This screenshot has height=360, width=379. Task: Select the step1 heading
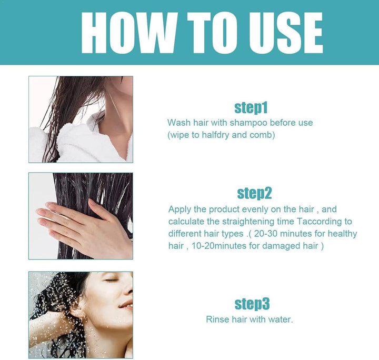click(251, 108)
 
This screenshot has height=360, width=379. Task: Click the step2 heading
click(255, 193)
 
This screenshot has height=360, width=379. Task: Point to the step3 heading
click(252, 304)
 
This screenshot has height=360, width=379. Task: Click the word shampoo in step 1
click(248, 123)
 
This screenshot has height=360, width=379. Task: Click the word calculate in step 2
click(186, 221)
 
